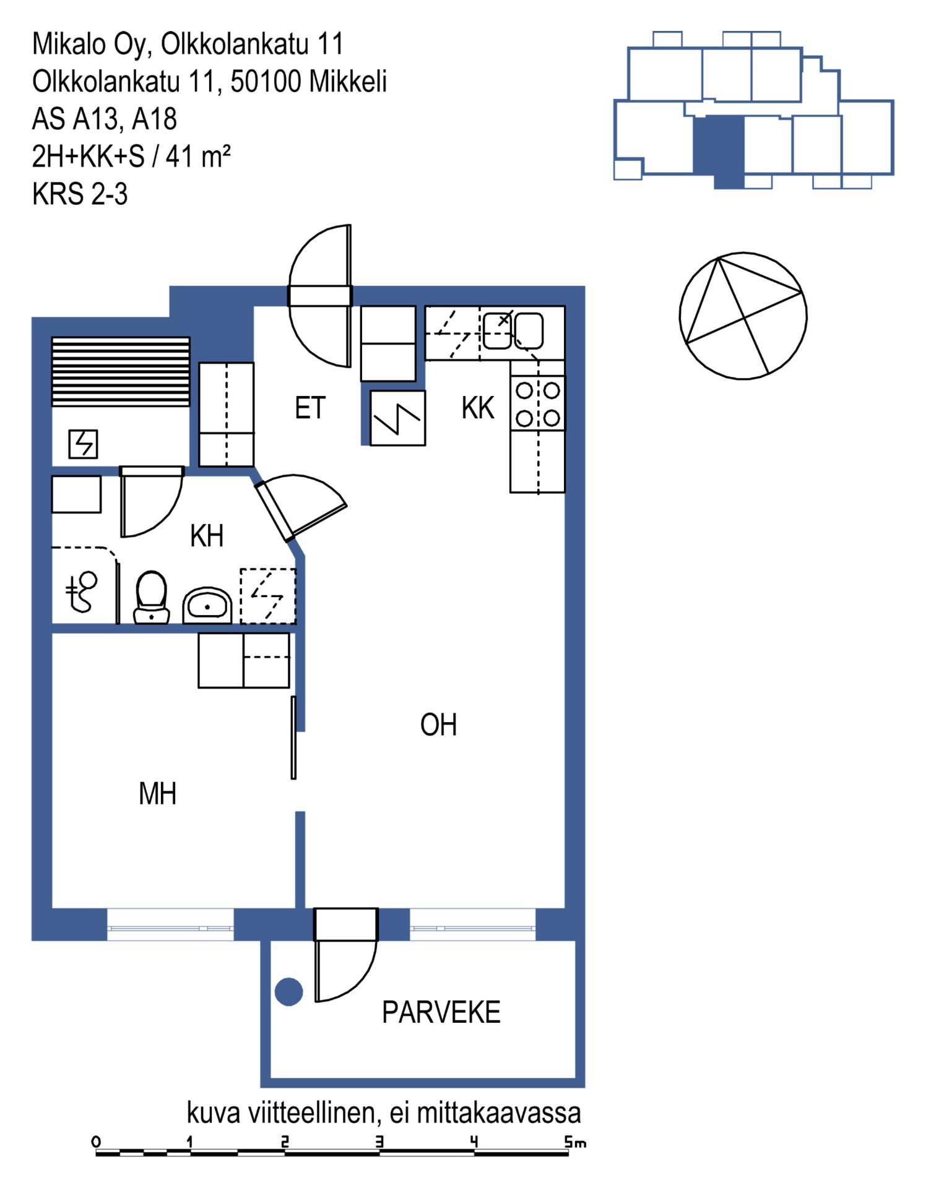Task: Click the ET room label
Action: [x=310, y=408]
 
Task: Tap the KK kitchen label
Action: [x=478, y=408]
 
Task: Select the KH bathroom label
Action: [x=207, y=536]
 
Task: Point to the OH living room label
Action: [x=438, y=725]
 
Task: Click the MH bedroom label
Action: [x=158, y=794]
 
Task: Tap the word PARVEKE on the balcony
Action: [x=441, y=1013]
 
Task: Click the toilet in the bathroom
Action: [x=152, y=597]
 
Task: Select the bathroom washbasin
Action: [x=207, y=605]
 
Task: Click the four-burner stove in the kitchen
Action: [x=538, y=403]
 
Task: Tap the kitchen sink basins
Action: [x=513, y=331]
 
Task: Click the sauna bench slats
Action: [x=121, y=371]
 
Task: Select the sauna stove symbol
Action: [x=83, y=444]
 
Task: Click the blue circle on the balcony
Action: [x=288, y=992]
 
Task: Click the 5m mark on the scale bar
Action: [x=575, y=1142]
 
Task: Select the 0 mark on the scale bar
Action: [x=96, y=1142]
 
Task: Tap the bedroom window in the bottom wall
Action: [x=170, y=924]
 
